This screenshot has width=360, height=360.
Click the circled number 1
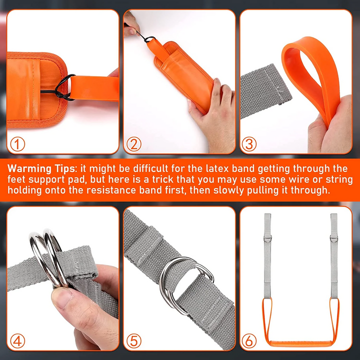18,144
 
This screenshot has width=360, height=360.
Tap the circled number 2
134,144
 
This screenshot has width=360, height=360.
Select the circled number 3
249,144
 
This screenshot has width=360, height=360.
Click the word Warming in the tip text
32,168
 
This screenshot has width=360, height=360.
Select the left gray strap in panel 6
267,260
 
